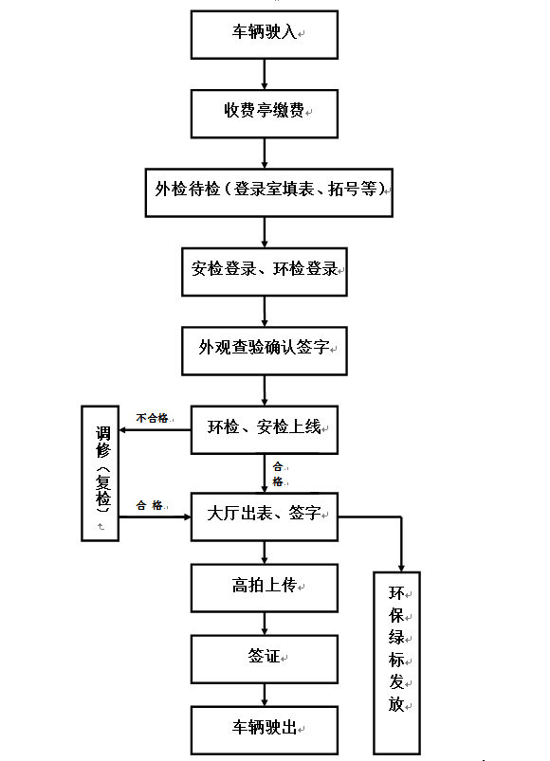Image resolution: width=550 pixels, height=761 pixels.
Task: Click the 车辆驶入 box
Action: click(265, 35)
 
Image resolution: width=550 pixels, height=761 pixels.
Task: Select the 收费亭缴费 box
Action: click(265, 114)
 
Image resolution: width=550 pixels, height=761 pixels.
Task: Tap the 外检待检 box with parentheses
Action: click(269, 192)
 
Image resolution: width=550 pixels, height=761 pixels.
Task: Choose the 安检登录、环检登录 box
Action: click(265, 272)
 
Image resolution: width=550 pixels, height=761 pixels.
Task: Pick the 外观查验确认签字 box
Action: click(265, 351)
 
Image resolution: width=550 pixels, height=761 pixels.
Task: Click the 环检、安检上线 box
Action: click(265, 430)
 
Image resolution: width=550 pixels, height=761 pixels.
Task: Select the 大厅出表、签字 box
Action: click(265, 516)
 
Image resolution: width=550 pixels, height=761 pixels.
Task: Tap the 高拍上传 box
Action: click(265, 588)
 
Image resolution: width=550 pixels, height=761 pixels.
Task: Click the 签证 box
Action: click(265, 659)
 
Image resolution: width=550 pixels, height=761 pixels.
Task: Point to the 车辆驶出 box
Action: click(265, 731)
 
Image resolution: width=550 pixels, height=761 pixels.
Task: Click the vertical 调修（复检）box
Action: click(100, 473)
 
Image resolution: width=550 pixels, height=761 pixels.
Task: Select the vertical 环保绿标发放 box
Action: click(396, 663)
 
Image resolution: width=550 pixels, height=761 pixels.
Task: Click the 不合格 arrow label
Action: click(152, 418)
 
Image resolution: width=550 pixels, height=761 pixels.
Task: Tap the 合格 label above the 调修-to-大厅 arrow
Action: click(150, 505)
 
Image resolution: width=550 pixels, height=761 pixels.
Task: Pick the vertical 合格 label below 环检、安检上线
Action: click(278, 474)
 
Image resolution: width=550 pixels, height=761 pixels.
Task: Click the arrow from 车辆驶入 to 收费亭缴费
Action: click(265, 74)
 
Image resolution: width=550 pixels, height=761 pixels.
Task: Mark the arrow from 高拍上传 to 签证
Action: click(265, 624)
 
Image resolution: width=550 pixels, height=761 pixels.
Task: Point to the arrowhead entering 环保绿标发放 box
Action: click(401, 568)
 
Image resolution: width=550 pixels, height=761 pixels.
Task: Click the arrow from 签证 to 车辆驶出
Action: click(265, 695)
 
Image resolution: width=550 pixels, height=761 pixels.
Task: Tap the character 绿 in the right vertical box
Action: click(396, 637)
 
